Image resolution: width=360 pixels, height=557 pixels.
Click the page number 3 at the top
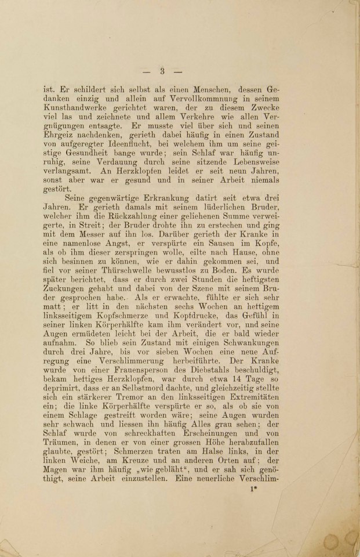point(163,71)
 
